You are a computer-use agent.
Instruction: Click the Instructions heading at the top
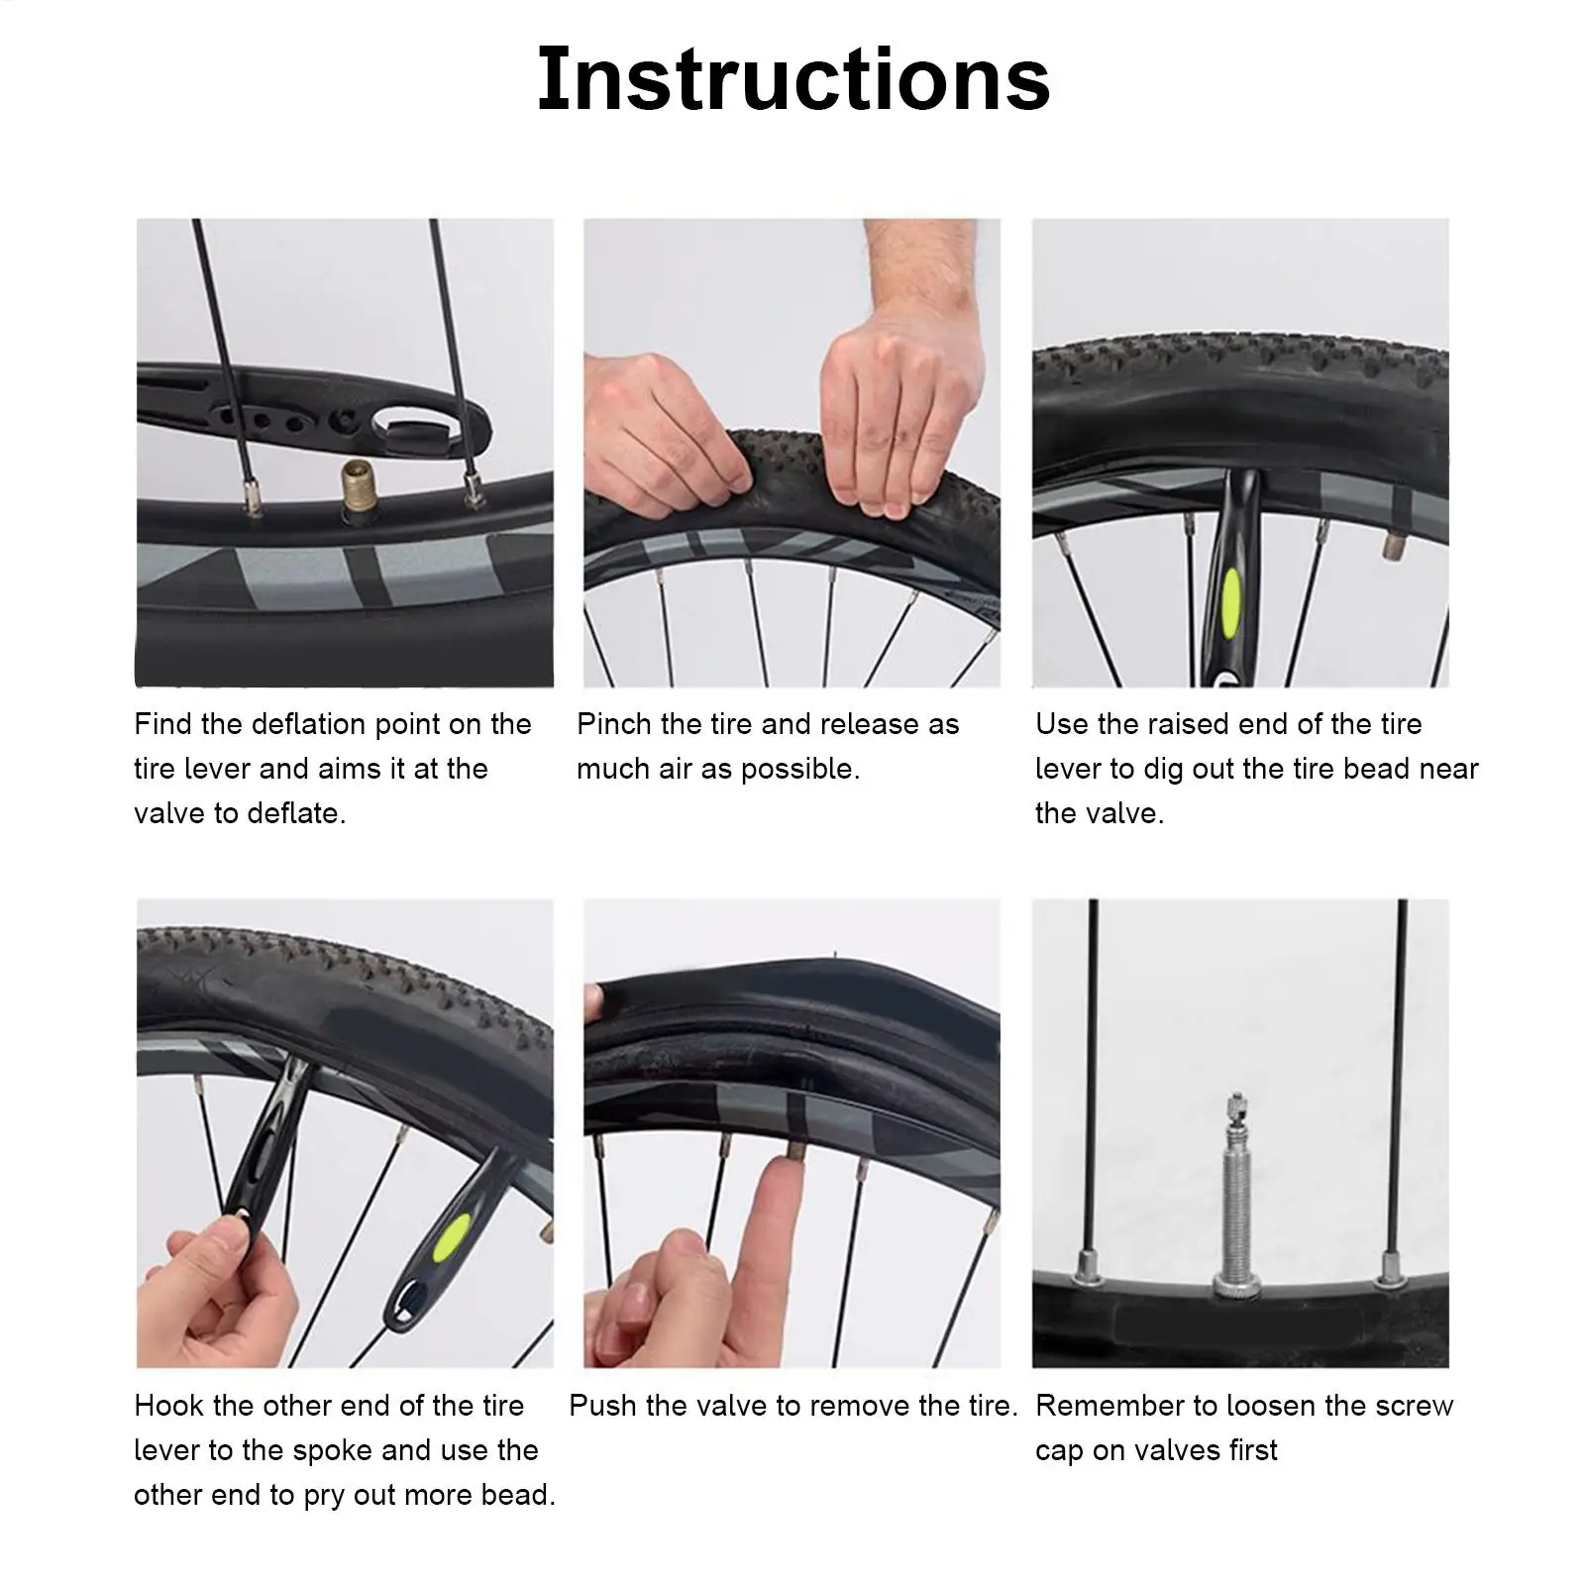pos(793,78)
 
